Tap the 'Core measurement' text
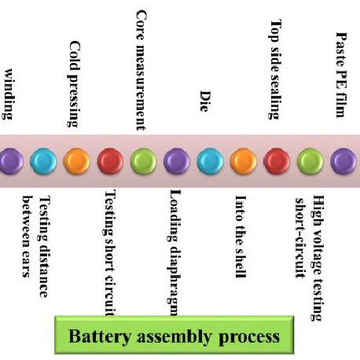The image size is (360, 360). (141, 69)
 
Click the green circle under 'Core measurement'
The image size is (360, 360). (142, 161)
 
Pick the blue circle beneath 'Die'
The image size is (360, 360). (209, 161)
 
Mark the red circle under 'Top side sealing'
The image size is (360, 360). (276, 161)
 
